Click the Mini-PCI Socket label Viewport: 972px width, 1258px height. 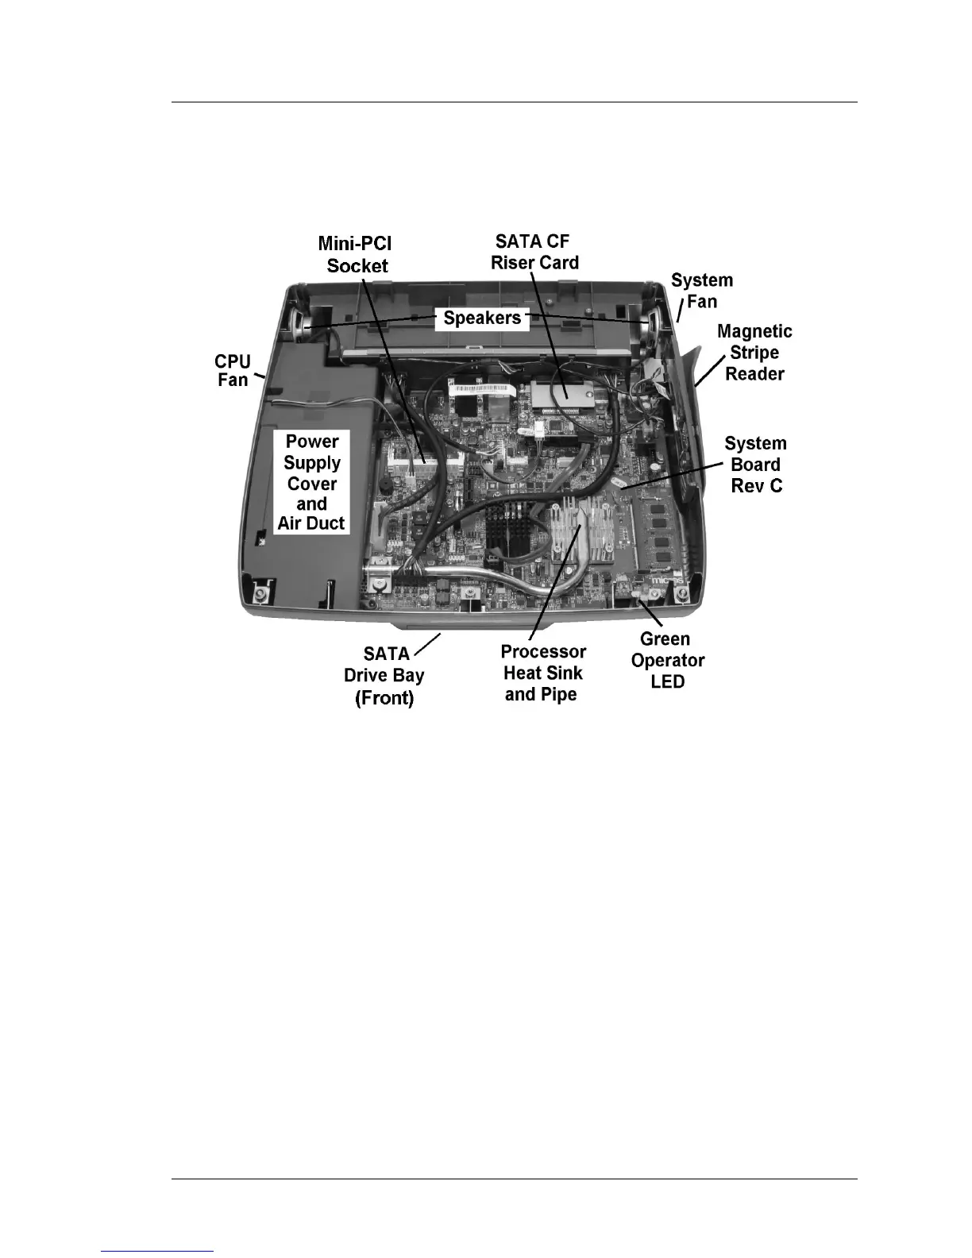pos(356,255)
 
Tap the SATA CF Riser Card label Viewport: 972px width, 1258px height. pos(534,252)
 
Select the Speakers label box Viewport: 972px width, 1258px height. pos(482,318)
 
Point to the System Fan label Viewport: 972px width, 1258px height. pos(701,291)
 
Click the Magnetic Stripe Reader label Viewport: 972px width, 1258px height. pos(754,353)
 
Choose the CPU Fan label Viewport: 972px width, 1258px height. pos(233,371)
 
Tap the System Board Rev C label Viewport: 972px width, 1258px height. pos(755,465)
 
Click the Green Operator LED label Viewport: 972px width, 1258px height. pos(667,660)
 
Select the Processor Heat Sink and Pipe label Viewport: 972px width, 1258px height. pos(543,673)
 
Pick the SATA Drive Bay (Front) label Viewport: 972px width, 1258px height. pos(384,676)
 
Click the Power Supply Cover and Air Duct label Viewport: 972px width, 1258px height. pos(311,482)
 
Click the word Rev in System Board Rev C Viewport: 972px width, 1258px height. pos(745,486)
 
